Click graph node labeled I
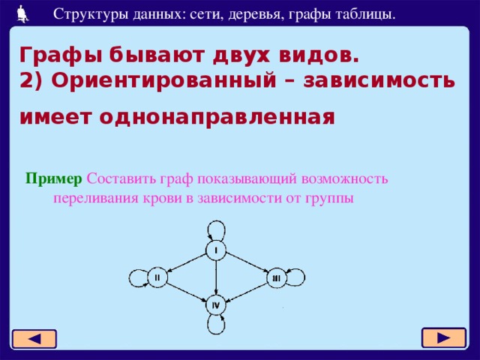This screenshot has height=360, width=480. click(216, 250)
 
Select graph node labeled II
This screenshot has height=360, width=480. click(157, 277)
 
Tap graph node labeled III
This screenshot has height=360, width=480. click(276, 278)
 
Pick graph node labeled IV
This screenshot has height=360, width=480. click(216, 304)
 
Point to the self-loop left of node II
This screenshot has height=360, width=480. click(136, 278)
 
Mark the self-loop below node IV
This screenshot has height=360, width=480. click(216, 325)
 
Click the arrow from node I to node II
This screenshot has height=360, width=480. click(187, 263)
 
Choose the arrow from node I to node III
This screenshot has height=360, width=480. click(246, 264)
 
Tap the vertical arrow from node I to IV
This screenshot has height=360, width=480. click(216, 277)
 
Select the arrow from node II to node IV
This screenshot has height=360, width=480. click(187, 291)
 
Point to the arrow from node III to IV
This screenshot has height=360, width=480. click(246, 292)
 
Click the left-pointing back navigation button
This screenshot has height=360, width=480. click(34, 339)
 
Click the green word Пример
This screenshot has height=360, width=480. click(53, 179)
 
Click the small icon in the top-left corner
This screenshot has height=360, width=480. click(22, 12)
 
